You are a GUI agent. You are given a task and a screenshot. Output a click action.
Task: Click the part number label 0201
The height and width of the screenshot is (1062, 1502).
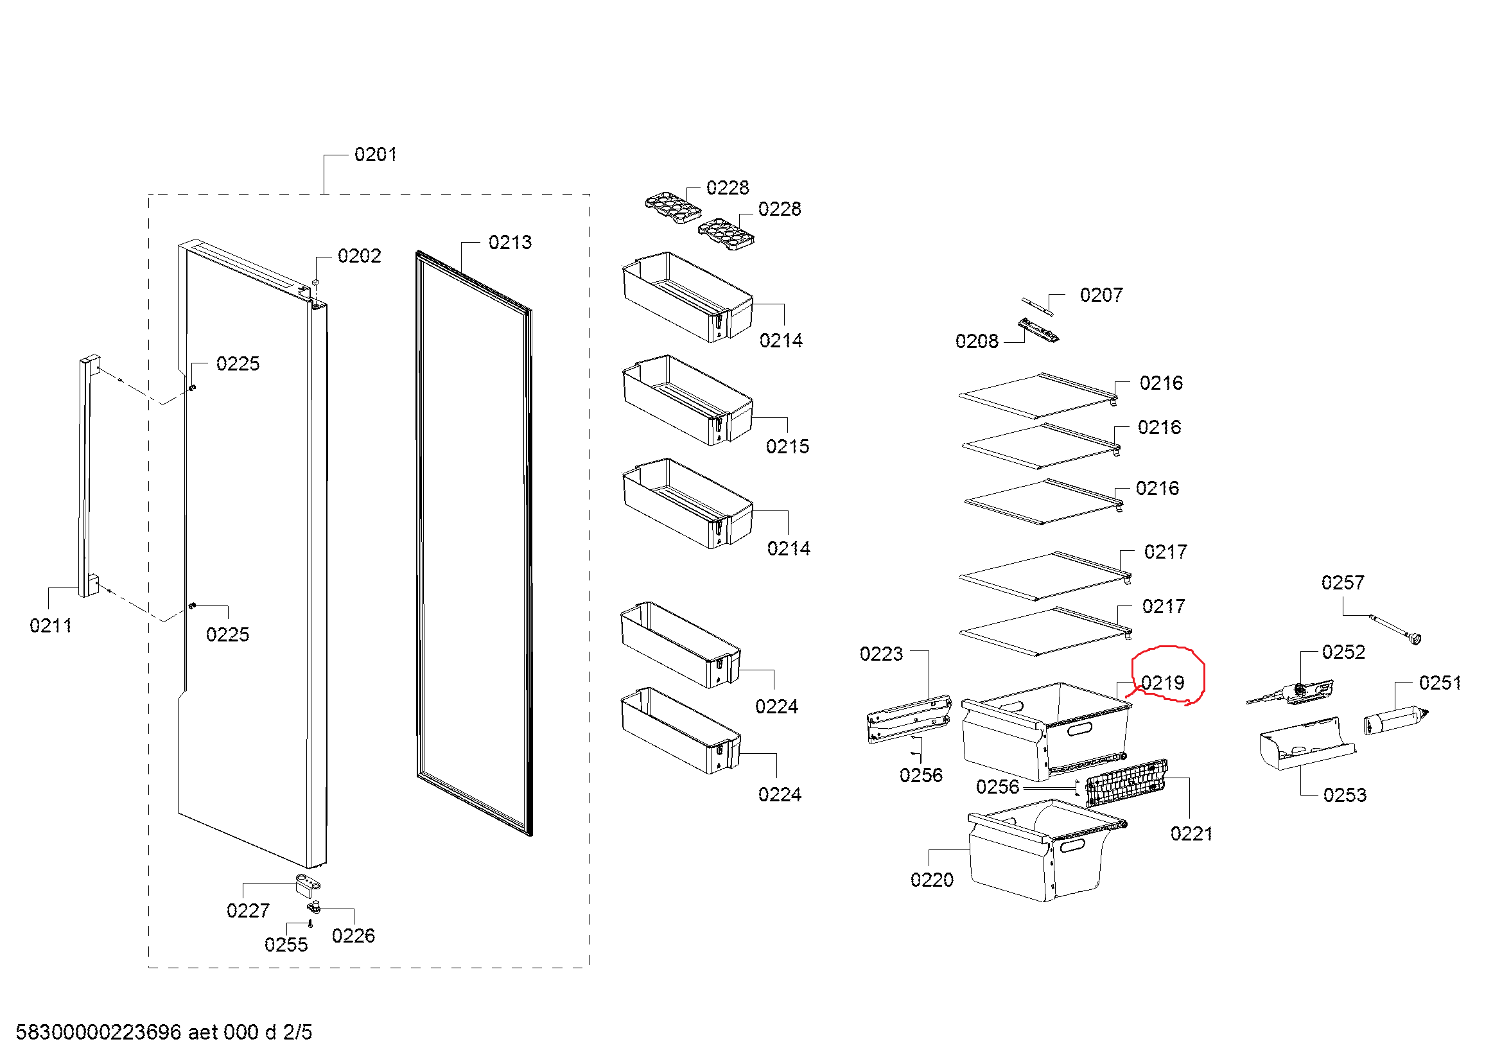click(x=375, y=155)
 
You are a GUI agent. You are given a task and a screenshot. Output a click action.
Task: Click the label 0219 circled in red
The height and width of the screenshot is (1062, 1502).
click(x=1162, y=683)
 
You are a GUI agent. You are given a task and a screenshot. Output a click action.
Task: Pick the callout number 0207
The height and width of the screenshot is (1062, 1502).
click(x=1101, y=295)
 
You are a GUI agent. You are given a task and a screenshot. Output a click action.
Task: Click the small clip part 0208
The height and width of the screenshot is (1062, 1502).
click(x=1038, y=330)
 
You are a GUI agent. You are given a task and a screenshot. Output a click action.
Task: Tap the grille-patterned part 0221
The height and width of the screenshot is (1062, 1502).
click(x=1126, y=784)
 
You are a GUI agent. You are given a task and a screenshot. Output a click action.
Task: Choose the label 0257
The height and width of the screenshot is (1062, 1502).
click(x=1342, y=582)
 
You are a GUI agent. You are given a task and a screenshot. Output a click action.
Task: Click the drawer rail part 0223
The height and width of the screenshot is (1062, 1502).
click(x=909, y=718)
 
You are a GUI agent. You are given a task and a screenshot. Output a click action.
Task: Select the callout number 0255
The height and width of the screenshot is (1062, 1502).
click(x=286, y=945)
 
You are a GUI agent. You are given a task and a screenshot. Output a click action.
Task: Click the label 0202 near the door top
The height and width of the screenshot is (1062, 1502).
click(x=359, y=256)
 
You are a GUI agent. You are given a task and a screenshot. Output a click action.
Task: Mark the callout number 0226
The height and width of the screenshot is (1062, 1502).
click(x=353, y=936)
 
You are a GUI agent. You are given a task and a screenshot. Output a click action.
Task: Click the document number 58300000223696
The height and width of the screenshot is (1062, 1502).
click(x=98, y=1032)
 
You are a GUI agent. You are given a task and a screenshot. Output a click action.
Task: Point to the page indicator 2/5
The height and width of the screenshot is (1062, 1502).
click(x=298, y=1032)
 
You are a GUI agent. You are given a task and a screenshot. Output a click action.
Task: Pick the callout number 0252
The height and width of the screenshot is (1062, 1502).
click(x=1343, y=652)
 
